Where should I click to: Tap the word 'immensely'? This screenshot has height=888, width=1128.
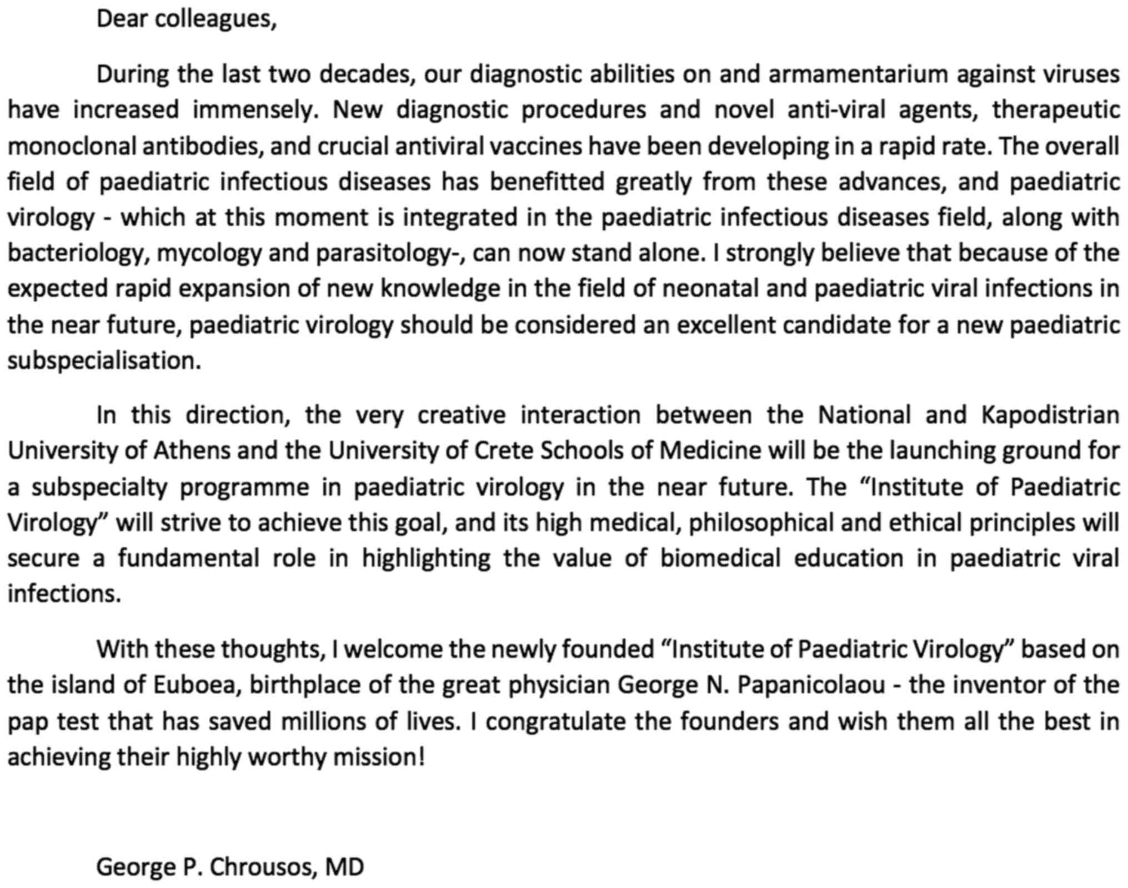[255, 110]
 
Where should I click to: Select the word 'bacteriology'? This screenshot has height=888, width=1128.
[78, 253]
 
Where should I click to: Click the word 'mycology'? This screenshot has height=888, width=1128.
[209, 253]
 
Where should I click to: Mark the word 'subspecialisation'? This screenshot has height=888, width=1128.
[104, 361]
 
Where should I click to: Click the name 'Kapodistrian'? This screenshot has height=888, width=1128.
[1050, 415]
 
